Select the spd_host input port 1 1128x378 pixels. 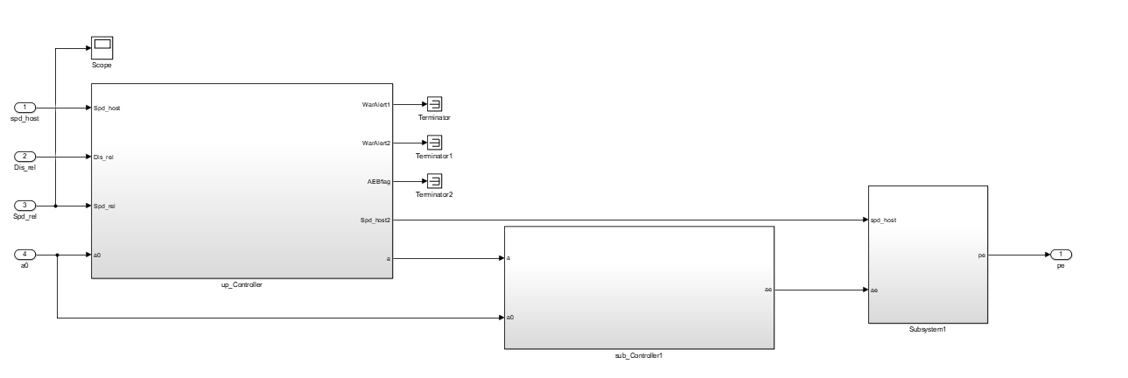coord(26,108)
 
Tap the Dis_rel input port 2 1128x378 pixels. coord(26,157)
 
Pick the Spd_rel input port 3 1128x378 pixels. coord(26,206)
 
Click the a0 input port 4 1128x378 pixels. coord(26,255)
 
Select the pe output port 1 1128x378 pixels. coord(1061,255)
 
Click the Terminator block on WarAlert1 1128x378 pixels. coord(433,104)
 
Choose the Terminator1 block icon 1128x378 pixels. coord(433,143)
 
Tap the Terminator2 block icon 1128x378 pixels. coord(433,181)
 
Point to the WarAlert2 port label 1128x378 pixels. coord(376,143)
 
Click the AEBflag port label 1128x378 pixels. coord(379,181)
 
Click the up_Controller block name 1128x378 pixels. coord(242,285)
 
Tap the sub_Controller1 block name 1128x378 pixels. coord(639,357)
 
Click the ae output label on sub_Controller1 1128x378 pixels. coord(767,289)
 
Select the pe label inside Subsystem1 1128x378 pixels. coord(981,255)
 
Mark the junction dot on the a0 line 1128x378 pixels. coord(57,255)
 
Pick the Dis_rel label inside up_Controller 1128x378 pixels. coord(103,157)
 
